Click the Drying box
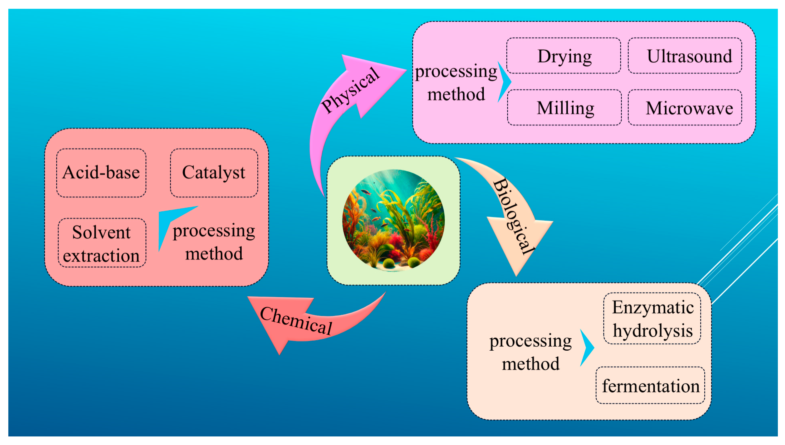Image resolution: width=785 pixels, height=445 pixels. (564, 56)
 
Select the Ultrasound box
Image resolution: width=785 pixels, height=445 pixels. (685, 56)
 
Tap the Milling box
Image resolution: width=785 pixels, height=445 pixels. (564, 108)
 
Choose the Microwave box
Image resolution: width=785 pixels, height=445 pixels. (685, 108)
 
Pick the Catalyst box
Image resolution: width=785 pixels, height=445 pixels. (214, 173)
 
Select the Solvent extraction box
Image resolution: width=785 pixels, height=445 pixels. (102, 243)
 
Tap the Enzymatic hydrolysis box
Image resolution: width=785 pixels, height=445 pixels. (652, 319)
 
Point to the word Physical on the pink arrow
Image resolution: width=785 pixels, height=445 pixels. (350, 90)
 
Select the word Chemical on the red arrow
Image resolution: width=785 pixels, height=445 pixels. (296, 320)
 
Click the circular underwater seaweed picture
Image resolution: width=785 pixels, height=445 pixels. (393, 220)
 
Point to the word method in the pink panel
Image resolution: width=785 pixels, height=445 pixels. (456, 94)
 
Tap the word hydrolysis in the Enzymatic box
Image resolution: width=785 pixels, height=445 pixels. (653, 331)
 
